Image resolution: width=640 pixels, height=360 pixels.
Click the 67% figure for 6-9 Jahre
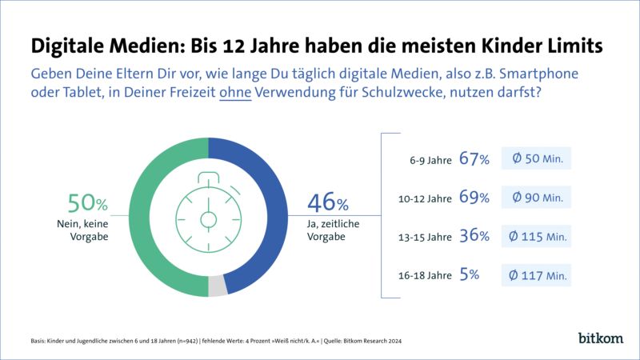[474, 158]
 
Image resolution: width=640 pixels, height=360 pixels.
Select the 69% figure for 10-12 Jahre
[474, 197]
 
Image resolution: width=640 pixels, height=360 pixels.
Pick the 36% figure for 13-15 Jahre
[474, 236]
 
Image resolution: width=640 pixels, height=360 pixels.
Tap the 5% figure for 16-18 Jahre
[469, 275]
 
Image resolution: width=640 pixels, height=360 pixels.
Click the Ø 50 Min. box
[536, 158]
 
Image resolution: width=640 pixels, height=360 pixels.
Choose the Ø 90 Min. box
[536, 197]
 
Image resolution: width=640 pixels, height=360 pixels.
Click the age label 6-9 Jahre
[429, 159]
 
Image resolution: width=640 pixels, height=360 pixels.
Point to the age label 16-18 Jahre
[425, 276]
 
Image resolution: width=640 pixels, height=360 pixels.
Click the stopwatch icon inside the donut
[209, 218]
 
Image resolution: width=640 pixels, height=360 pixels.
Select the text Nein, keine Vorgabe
[84, 230]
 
